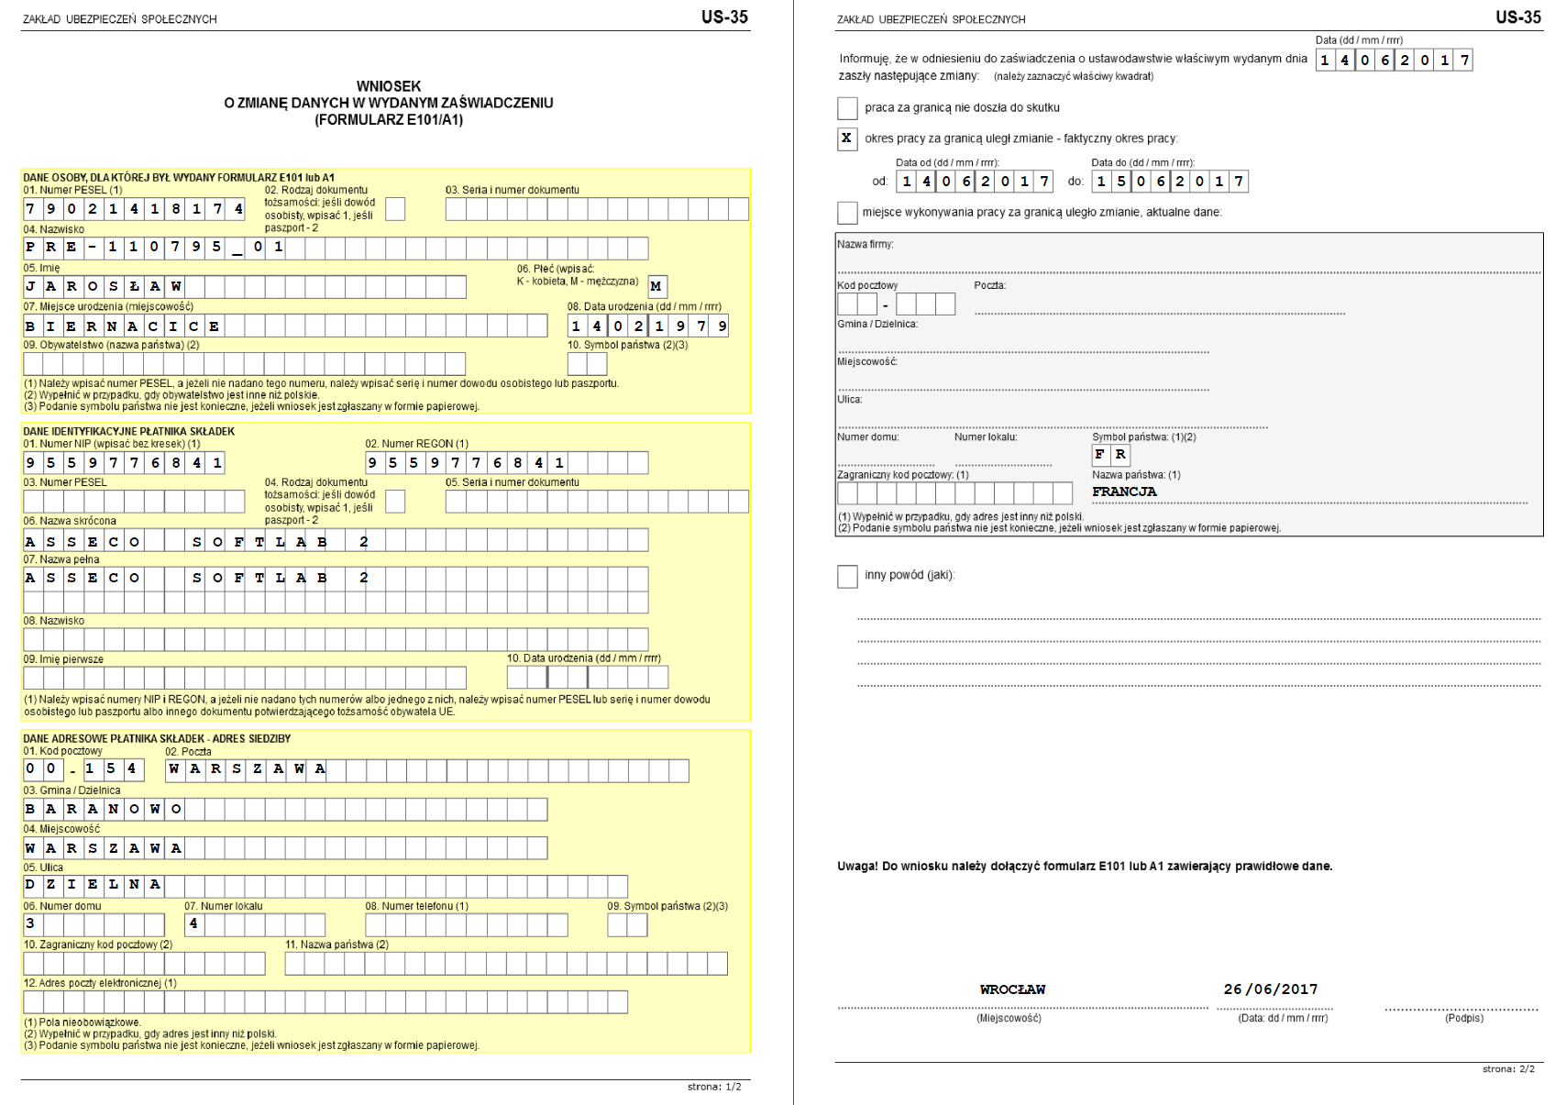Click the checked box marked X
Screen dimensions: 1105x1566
click(846, 138)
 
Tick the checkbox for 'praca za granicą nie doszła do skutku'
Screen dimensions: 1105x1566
click(847, 108)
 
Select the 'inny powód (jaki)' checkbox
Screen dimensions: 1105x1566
click(847, 576)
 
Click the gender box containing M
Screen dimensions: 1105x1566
click(656, 286)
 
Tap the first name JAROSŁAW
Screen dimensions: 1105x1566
click(104, 287)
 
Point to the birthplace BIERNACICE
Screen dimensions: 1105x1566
click(123, 326)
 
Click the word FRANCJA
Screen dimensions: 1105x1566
click(1124, 492)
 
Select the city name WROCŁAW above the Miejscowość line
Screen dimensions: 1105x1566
click(1012, 989)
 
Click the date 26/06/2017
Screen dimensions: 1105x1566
click(1271, 989)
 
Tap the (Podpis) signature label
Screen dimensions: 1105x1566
click(1464, 1018)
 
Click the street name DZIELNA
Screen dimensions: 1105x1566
click(93, 885)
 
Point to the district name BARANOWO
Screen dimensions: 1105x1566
click(103, 808)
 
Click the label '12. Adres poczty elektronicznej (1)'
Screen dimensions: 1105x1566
click(101, 983)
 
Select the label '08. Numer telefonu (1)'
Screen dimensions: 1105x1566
click(417, 906)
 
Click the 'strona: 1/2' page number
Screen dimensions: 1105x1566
click(714, 1087)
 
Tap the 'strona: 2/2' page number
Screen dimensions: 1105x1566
click(1508, 1069)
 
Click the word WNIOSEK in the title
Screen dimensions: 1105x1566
click(389, 87)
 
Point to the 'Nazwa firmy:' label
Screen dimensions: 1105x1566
click(866, 245)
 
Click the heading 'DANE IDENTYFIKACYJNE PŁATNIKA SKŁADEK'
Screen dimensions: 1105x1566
click(129, 431)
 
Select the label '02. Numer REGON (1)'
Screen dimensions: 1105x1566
click(417, 444)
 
